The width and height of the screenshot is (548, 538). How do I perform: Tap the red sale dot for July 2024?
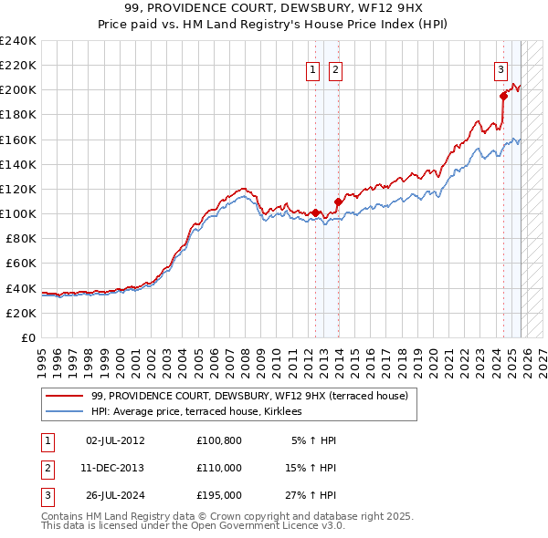[503, 96]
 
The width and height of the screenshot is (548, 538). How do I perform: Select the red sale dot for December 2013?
[338, 201]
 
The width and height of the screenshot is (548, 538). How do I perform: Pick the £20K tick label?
[22, 313]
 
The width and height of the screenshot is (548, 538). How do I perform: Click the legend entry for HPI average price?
[203, 412]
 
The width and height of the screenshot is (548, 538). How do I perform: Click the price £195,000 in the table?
[219, 496]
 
